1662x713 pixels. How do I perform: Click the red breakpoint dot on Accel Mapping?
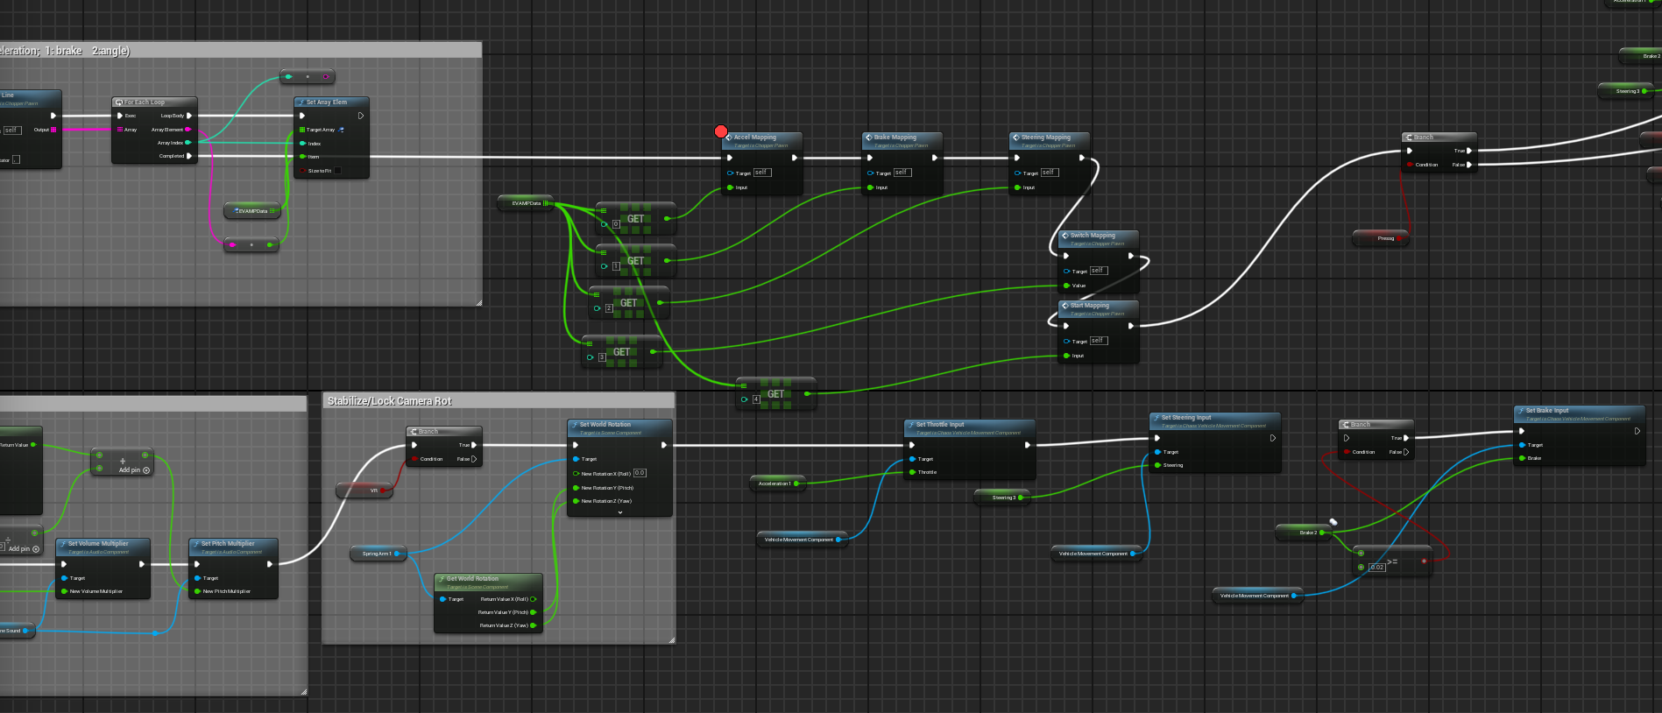721,131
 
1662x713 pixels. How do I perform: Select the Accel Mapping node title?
755,138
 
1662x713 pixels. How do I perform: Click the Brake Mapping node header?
895,138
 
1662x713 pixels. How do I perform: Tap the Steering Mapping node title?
1045,138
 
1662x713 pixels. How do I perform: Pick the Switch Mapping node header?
1093,236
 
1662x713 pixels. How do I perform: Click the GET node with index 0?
635,219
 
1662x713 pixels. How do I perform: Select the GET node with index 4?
775,394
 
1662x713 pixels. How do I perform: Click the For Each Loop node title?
145,102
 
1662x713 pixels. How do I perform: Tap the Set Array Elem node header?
327,102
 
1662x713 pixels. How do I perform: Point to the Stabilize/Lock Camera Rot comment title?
390,401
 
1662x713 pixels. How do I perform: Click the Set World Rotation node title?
605,425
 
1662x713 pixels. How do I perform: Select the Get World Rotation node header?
472,579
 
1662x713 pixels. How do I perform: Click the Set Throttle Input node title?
940,425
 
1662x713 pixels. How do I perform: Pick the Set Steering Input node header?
1186,418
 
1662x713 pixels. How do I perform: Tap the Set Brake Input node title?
1547,411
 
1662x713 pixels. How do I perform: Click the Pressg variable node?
1381,238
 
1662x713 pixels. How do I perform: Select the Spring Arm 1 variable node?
377,554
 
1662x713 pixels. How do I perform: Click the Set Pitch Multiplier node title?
228,544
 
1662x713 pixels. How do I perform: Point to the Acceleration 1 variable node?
774,484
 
